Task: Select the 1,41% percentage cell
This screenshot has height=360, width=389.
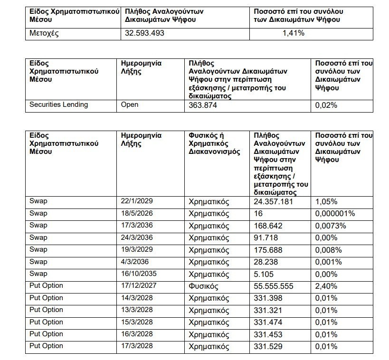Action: [293, 33]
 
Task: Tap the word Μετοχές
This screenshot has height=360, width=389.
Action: [44, 33]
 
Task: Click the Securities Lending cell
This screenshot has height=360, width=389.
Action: [58, 104]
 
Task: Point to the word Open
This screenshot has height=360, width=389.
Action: [130, 104]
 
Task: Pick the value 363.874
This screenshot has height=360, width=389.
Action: [203, 105]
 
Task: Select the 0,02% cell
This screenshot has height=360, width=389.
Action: [326, 105]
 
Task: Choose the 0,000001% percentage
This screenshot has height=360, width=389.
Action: [335, 214]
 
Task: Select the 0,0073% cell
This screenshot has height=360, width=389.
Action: [331, 226]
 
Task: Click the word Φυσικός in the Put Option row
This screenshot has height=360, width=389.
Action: [203, 286]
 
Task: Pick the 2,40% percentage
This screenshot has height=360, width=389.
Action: [326, 286]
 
